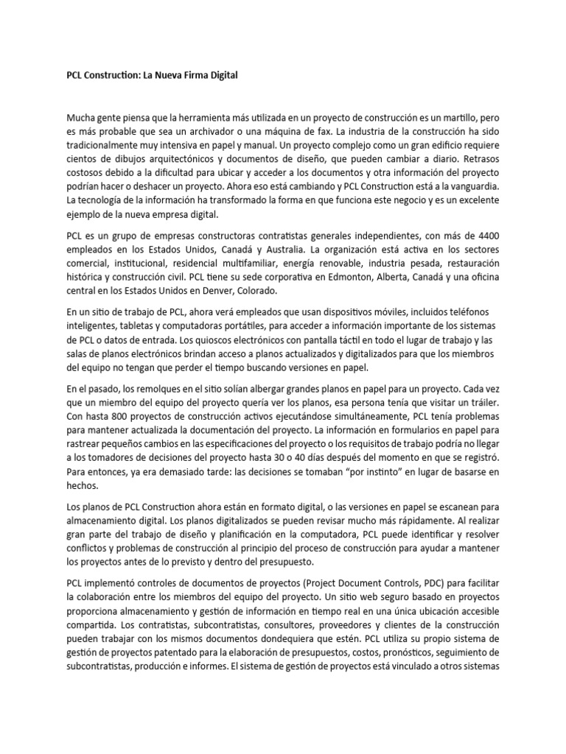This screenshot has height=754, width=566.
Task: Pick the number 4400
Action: click(x=486, y=236)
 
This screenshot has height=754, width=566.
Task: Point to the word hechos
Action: click(x=83, y=487)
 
